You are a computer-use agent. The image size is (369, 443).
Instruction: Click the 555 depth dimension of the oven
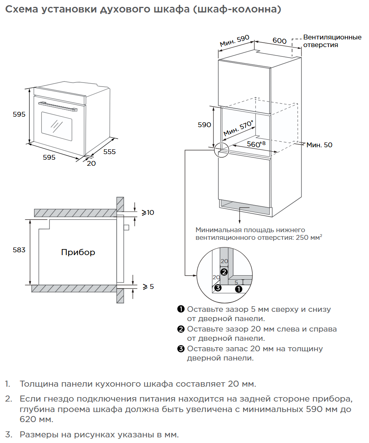tap(109, 152)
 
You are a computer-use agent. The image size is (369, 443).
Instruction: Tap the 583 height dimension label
tap(19, 250)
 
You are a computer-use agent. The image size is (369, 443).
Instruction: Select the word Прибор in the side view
tap(78, 252)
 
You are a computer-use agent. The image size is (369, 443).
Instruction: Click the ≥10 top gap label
tap(148, 212)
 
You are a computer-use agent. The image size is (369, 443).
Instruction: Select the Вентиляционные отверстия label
tap(332, 41)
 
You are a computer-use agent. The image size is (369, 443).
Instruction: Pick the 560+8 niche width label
tap(256, 144)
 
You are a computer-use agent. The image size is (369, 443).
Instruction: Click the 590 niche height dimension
tap(204, 125)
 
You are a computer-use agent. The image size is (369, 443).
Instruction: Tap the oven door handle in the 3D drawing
tap(58, 106)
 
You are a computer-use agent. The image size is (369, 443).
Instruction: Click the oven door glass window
tap(57, 126)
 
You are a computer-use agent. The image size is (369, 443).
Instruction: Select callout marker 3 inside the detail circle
tap(217, 288)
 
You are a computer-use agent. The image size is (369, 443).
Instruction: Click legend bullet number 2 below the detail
tap(180, 329)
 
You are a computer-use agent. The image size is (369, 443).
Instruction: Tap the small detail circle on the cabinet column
tap(221, 150)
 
